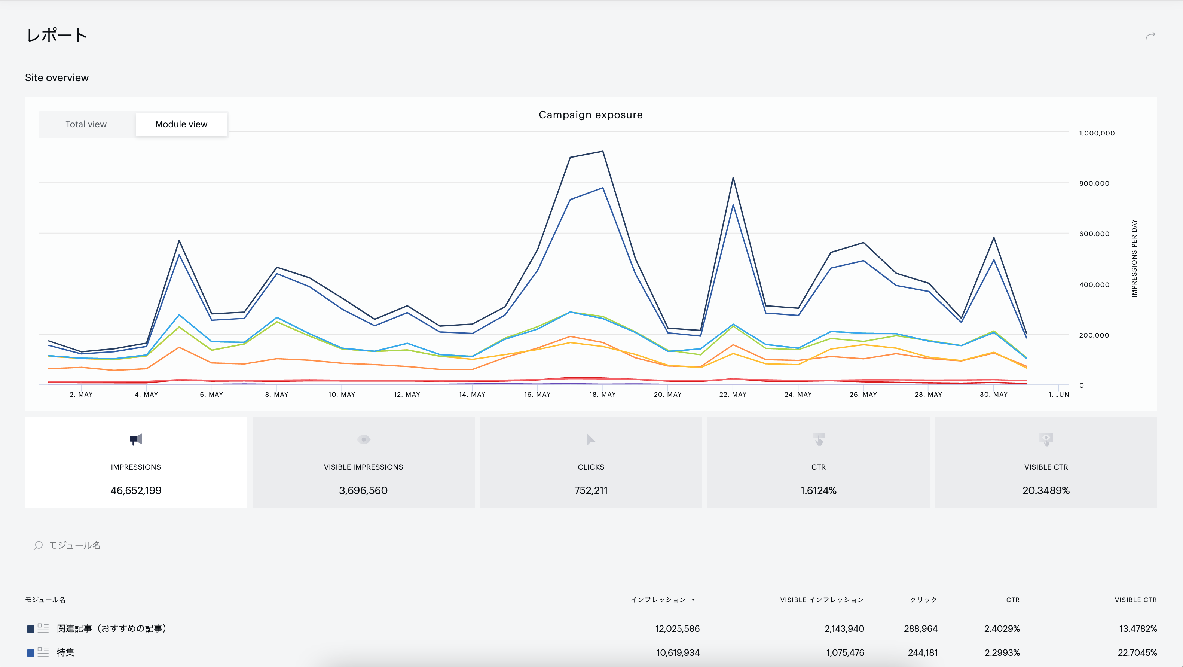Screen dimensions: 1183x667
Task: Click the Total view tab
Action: [86, 124]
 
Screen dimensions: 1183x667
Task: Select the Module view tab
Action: [181, 124]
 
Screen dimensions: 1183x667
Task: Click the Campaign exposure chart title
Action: [591, 115]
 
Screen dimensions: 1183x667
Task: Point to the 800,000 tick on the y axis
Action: [1094, 183]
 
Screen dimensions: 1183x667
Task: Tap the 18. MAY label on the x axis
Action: [602, 395]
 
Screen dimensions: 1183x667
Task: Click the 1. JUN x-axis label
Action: [1058, 395]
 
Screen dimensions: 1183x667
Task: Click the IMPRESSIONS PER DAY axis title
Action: [1134, 258]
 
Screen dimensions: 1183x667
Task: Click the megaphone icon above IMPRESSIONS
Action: [136, 439]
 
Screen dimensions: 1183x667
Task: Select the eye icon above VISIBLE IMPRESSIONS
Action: [364, 439]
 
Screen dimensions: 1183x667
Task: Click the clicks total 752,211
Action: [591, 491]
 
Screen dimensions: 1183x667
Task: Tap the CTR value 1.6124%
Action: [818, 491]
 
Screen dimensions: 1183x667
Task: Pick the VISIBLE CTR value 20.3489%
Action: [1046, 491]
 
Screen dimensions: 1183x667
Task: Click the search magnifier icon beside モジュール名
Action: [38, 545]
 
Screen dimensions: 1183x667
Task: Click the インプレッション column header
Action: [658, 600]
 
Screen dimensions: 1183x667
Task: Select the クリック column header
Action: [923, 600]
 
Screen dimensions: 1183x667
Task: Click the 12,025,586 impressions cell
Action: [678, 629]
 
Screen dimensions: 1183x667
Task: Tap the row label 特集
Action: [66, 653]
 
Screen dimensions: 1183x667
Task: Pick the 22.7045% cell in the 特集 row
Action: [1137, 653]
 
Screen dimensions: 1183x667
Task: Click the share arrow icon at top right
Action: [1150, 36]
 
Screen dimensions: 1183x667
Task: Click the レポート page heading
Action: [56, 35]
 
